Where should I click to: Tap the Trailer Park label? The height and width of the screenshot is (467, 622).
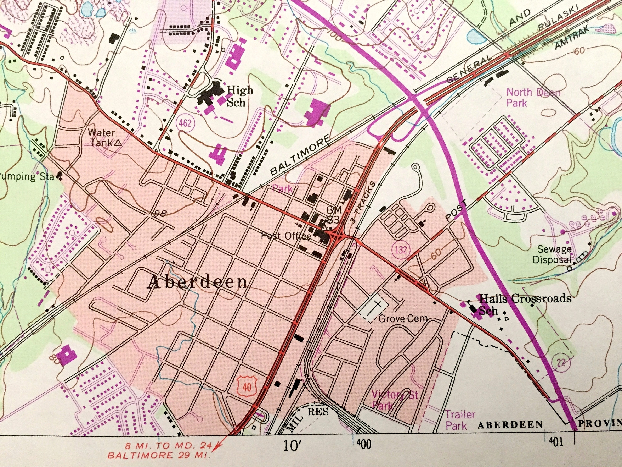(460, 420)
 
